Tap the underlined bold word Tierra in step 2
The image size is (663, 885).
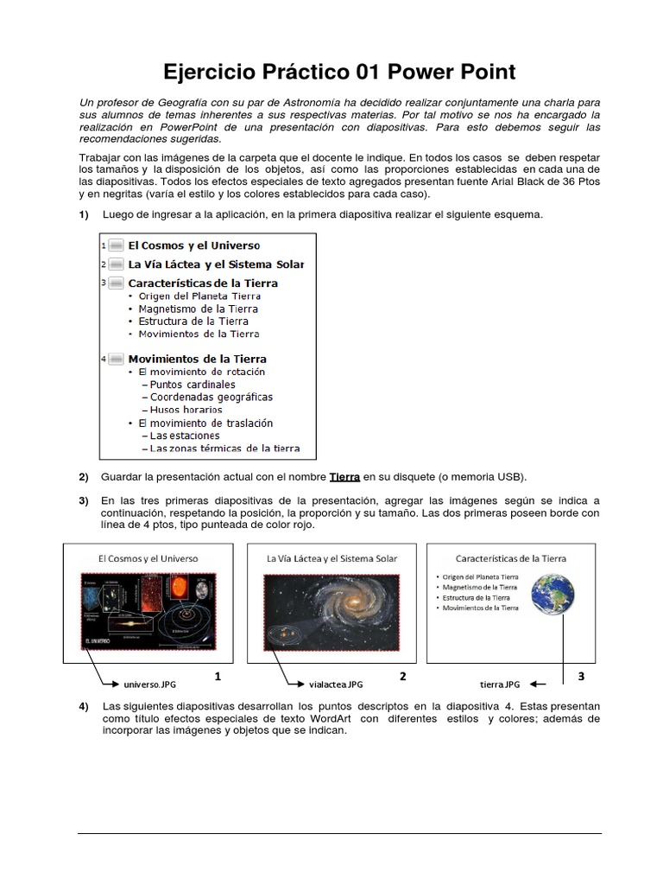pos(345,477)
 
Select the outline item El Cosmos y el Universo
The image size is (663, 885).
pos(194,245)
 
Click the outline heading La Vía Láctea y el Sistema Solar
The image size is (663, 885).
pos(216,264)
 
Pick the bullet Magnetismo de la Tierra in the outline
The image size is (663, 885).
pos(198,309)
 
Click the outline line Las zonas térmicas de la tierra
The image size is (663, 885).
pos(224,449)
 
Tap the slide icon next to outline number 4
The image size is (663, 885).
pos(116,359)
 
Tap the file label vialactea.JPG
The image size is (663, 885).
pos(336,683)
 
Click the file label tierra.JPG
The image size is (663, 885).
pos(502,683)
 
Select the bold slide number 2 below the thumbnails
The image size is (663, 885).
pos(402,676)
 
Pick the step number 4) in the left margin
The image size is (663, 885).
pos(84,707)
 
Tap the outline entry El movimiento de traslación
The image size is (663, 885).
pos(205,423)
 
